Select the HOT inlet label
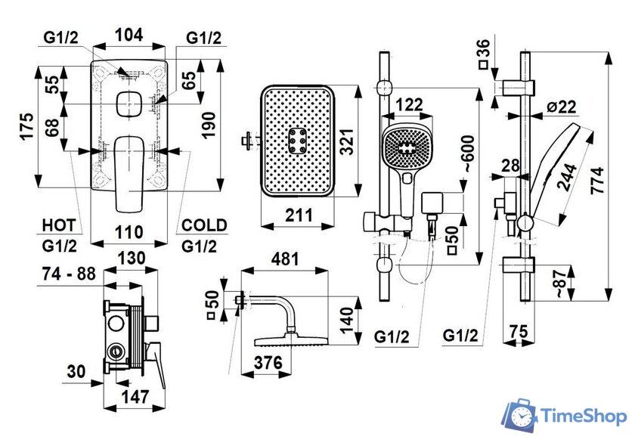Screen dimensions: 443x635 pos(58,225)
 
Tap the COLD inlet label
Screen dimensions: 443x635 pos(203,225)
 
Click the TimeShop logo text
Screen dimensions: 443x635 pos(580,415)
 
